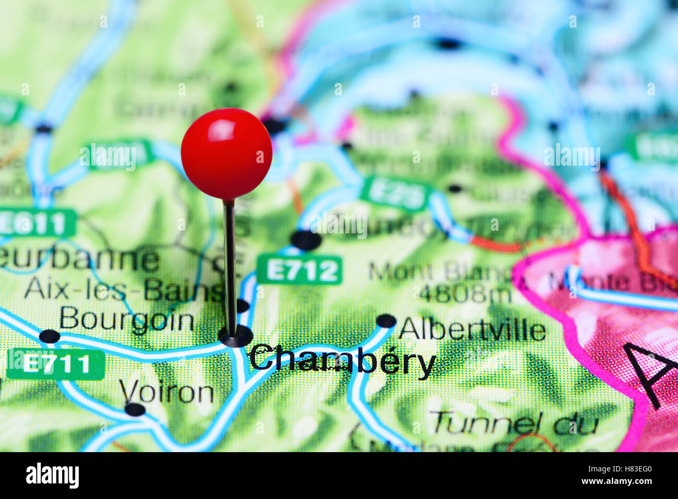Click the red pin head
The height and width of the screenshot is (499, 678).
click(226, 154)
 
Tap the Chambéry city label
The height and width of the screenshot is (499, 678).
click(342, 360)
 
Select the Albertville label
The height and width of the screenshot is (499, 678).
click(472, 330)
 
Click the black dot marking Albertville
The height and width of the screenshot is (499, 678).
click(386, 321)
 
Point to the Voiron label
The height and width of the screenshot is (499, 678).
click(166, 392)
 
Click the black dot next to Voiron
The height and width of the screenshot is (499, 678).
click(135, 409)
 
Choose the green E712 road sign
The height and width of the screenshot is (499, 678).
click(300, 270)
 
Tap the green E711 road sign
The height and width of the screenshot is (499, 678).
click(56, 364)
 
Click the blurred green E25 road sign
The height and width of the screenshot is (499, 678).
click(396, 193)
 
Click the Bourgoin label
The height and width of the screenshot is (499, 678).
click(127, 319)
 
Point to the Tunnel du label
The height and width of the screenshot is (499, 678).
click(514, 423)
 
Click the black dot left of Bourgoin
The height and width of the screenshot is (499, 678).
click(50, 336)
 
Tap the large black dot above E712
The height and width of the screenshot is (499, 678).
click(306, 240)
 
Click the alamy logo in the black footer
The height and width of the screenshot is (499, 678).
click(52, 476)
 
